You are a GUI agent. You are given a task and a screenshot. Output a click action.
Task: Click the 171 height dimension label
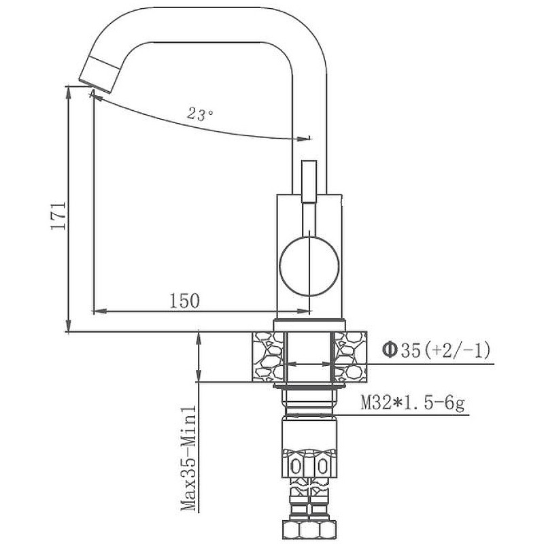[x=58, y=216]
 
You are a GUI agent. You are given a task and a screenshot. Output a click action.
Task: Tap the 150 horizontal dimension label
[x=184, y=301]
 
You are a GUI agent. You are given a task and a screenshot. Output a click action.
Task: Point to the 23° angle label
[x=200, y=114]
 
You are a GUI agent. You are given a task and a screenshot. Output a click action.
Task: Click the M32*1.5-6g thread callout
[x=413, y=403]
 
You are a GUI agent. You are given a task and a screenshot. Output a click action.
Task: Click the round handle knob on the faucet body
[x=309, y=267]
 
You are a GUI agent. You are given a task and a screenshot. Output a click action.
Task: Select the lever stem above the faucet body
[x=309, y=181]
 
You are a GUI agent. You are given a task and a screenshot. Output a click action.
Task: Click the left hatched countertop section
[x=268, y=357]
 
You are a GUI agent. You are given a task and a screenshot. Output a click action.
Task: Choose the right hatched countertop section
[x=350, y=357]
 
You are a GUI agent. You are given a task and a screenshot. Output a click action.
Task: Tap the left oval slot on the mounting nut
[x=295, y=467]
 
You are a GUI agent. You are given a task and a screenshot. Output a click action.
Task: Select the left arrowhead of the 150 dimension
[x=99, y=311]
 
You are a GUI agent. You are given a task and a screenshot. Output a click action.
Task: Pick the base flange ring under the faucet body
[x=310, y=325]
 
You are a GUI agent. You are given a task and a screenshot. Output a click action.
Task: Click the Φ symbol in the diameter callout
[x=390, y=350]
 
